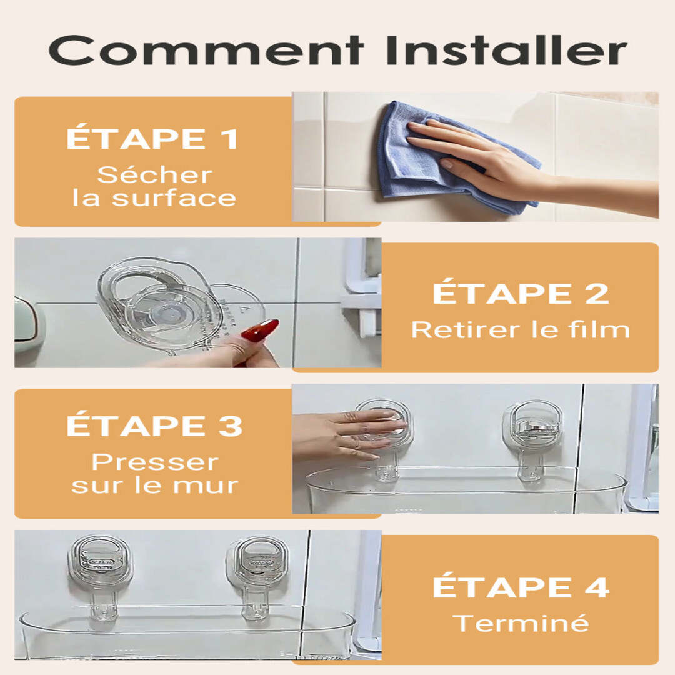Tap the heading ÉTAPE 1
pos(152,138)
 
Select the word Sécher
pos(155,175)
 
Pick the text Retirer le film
pos(521,330)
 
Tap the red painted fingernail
pos(260,331)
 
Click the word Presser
pos(155,462)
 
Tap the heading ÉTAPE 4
pos(521,587)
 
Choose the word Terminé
pos(521,623)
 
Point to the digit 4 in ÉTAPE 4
pos(596,587)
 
